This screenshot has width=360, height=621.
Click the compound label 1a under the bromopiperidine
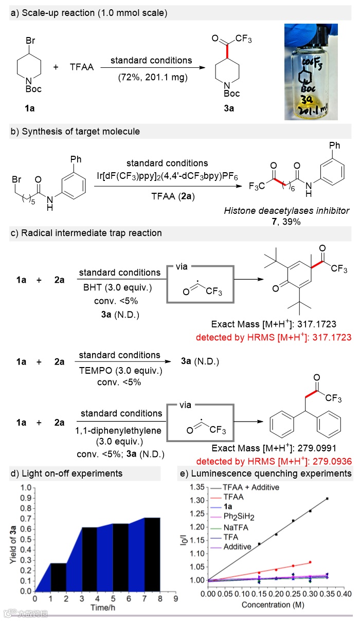tap(30, 111)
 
